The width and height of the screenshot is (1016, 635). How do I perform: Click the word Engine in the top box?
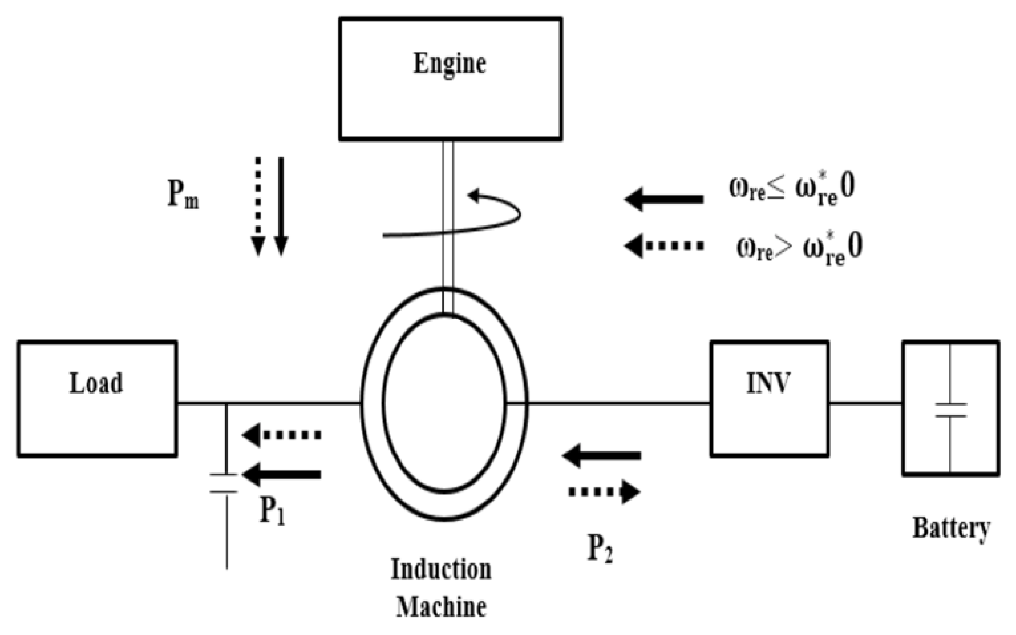(x=450, y=64)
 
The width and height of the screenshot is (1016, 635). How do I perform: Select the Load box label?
(x=96, y=383)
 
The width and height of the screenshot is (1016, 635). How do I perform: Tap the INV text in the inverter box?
(x=768, y=383)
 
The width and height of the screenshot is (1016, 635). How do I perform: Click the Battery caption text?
(x=951, y=529)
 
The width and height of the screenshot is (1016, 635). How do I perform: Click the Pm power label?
(x=183, y=195)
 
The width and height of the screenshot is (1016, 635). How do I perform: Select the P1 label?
(x=272, y=512)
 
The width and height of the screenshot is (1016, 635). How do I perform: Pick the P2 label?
(x=600, y=549)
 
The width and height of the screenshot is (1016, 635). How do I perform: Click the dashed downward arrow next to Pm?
(x=258, y=206)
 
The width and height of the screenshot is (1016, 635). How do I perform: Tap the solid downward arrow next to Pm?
(x=281, y=206)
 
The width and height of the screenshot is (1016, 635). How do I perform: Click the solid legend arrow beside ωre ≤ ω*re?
(x=664, y=199)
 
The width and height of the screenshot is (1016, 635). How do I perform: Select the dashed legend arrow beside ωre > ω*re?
(x=664, y=246)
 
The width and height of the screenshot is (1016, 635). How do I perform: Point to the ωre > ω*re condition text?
(x=798, y=249)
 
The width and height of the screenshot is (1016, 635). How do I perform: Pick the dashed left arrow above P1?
(x=282, y=435)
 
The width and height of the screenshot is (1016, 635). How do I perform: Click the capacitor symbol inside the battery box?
(x=951, y=410)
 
